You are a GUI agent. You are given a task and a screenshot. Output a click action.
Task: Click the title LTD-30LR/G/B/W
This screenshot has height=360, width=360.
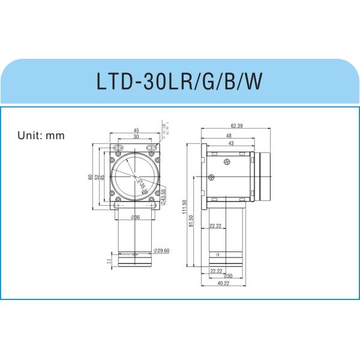click(x=180, y=82)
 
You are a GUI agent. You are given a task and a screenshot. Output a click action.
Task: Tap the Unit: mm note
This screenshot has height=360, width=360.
click(x=40, y=135)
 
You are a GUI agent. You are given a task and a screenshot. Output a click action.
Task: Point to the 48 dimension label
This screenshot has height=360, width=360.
click(x=229, y=136)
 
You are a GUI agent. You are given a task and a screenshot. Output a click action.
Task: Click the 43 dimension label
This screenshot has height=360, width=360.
click(x=230, y=143)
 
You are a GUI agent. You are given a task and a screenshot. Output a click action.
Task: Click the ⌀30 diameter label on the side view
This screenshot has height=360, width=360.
click(x=227, y=277)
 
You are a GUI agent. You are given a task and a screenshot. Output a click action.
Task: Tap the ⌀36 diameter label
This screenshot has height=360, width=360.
click(x=135, y=217)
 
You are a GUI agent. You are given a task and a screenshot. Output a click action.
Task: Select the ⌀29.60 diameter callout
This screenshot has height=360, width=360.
click(x=161, y=250)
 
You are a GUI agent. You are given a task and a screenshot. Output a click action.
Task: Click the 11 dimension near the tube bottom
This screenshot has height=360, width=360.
click(x=107, y=260)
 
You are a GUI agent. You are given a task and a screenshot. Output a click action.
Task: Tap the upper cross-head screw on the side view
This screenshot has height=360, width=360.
click(x=227, y=162)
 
